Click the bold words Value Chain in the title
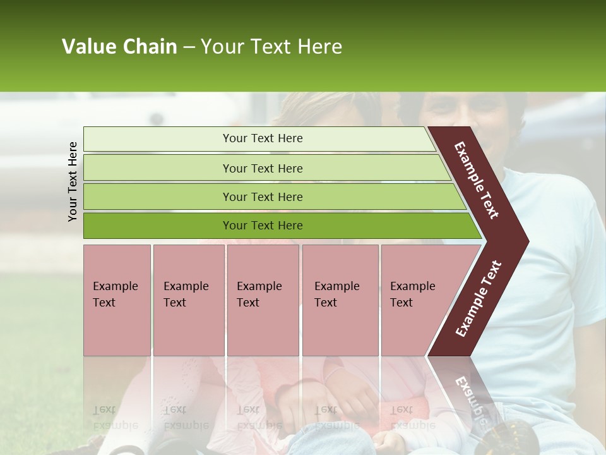pos(119,47)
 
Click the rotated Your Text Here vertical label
pos(73,181)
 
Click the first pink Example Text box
pos(117,300)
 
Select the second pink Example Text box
pos(189,300)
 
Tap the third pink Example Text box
pos(263,300)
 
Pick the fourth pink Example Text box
pos(340,300)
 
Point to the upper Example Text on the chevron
pos(477,180)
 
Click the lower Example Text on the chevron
pos(478,299)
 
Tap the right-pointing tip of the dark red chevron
pos(525,241)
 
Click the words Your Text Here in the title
pos(271,47)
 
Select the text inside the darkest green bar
pos(263,226)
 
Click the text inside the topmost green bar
pos(263,138)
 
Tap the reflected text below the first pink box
pos(114,418)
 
